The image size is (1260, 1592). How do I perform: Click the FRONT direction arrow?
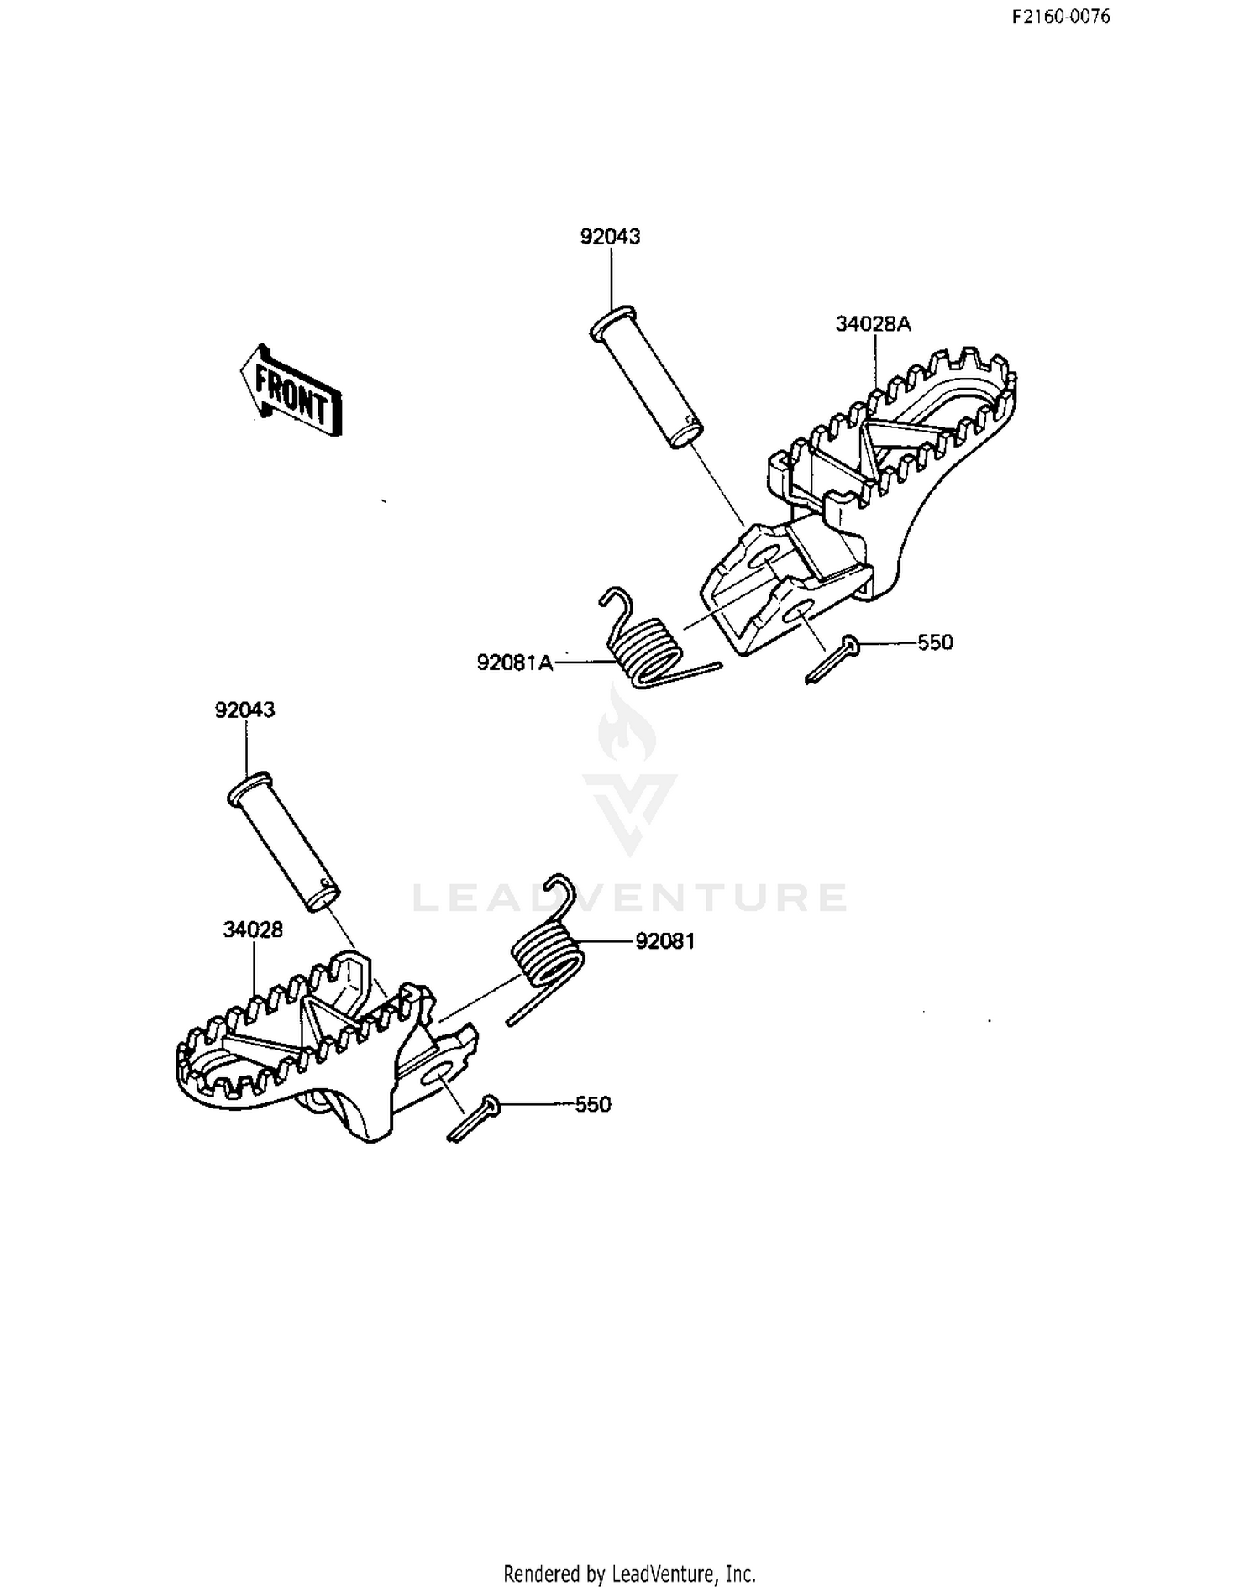[291, 390]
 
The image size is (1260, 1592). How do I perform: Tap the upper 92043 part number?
[611, 237]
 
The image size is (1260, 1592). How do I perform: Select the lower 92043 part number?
[245, 710]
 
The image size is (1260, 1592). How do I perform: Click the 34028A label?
[874, 324]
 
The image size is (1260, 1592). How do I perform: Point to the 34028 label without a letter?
[253, 930]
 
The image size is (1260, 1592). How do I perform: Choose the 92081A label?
[515, 662]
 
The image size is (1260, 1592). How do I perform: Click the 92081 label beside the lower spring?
[665, 941]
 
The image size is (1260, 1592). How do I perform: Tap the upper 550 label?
[935, 642]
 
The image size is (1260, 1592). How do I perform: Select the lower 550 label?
[593, 1105]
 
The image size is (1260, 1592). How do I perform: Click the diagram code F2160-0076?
[1061, 17]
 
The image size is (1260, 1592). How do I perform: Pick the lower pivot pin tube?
[283, 841]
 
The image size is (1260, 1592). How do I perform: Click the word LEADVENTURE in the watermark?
[630, 898]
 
